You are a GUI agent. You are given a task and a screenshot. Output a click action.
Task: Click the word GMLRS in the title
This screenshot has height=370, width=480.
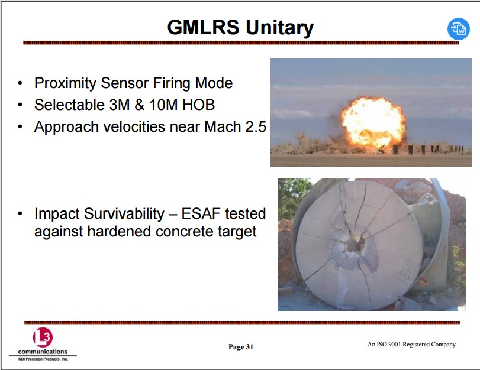click(203, 27)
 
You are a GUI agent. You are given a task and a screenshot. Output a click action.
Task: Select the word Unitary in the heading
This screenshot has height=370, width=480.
click(280, 28)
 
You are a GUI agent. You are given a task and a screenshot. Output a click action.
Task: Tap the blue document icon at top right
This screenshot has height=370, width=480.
click(458, 29)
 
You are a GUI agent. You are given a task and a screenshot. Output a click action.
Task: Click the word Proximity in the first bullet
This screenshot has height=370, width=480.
click(65, 83)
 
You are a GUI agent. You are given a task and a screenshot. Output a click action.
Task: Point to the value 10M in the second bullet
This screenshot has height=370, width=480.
click(163, 105)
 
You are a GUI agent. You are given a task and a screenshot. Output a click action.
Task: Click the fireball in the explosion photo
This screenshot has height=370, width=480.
click(373, 122)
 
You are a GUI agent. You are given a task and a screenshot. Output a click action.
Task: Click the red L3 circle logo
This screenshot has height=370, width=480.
click(43, 337)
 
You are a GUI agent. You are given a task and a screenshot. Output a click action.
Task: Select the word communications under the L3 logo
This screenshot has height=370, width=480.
click(43, 352)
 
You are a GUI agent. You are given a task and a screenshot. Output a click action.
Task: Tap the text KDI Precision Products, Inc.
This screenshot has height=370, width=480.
click(43, 359)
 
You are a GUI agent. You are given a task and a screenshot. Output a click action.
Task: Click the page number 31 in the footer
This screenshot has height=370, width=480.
click(250, 347)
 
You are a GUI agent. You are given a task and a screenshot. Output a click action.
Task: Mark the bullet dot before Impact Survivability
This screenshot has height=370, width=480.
click(20, 213)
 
